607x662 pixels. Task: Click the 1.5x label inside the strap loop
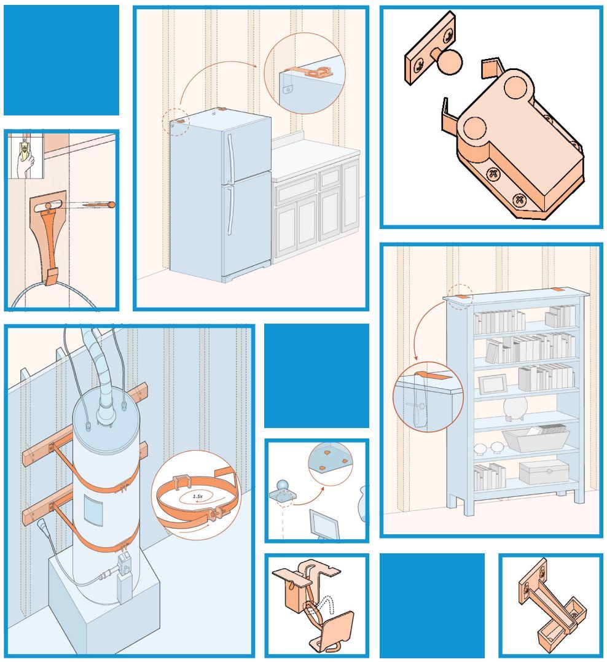198,496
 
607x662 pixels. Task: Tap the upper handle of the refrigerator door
230,157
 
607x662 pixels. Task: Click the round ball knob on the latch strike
450,61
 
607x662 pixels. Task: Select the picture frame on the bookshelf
493,384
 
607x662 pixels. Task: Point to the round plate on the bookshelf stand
515,407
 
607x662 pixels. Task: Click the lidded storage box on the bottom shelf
544,472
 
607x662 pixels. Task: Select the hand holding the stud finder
25,165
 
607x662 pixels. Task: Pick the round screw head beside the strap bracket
112,204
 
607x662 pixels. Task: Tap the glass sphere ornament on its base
281,486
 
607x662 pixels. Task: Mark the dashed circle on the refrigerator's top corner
176,122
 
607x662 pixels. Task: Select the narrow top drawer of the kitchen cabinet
331,177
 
